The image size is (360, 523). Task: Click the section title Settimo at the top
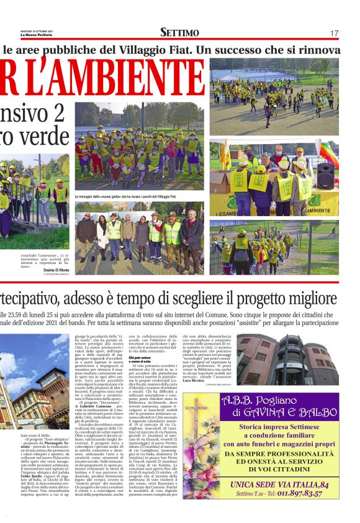(x=179, y=32)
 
